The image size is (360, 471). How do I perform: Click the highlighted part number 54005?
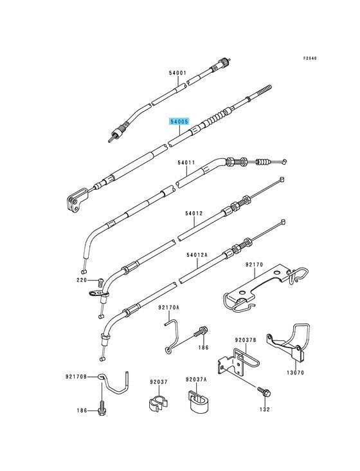click(179, 122)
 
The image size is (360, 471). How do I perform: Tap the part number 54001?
click(177, 73)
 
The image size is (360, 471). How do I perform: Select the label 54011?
click(186, 163)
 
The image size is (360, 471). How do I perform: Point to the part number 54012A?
click(197, 255)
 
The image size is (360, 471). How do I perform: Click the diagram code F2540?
click(310, 59)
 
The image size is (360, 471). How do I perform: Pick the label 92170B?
click(76, 376)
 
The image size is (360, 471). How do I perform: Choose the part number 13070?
click(295, 373)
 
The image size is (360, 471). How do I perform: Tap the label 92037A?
click(196, 380)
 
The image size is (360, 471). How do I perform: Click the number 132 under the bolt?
click(265, 409)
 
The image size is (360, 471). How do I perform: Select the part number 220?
click(81, 280)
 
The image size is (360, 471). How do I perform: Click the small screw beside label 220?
click(101, 283)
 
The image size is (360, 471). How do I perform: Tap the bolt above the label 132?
click(264, 392)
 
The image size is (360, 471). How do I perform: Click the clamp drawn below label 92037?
click(157, 403)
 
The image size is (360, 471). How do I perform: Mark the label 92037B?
click(246, 340)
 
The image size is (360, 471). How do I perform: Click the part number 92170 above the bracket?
click(254, 264)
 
